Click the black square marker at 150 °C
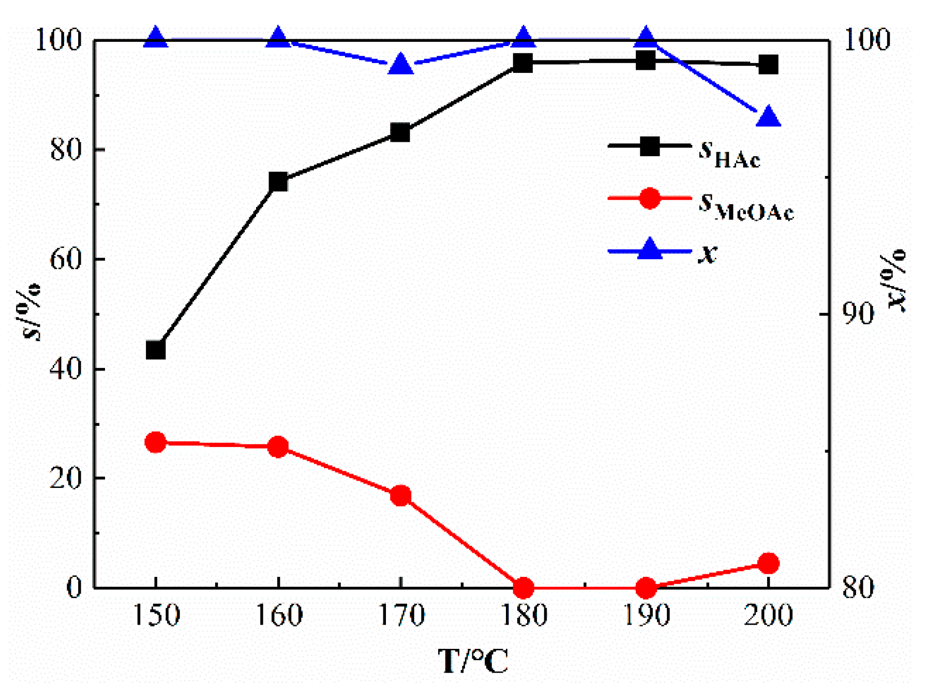tap(156, 350)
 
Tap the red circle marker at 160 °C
tap(278, 447)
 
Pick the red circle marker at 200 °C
tap(769, 563)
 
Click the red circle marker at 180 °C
tap(524, 588)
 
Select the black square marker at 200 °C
tap(769, 65)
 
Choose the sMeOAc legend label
tap(745, 206)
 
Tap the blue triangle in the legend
tap(650, 249)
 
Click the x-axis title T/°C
tap(473, 661)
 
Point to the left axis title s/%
tap(31, 311)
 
